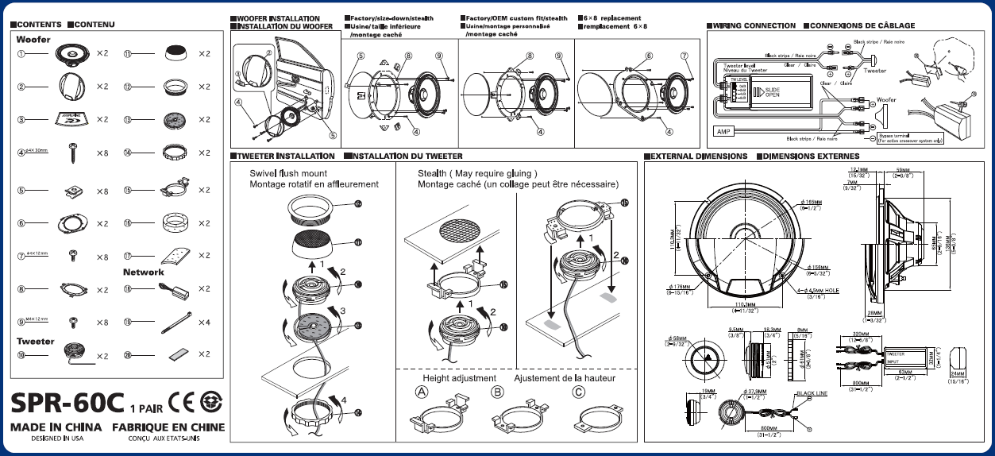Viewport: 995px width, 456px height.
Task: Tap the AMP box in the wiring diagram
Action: [x=723, y=131]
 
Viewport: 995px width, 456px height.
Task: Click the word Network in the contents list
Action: [x=144, y=272]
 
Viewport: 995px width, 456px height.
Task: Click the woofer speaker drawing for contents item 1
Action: [x=75, y=54]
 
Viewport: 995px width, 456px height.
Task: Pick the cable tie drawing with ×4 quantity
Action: [x=176, y=322]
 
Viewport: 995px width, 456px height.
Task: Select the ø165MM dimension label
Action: [x=811, y=203]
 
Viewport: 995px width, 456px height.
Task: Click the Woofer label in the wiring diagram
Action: [x=886, y=100]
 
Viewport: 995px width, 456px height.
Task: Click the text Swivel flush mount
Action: [x=288, y=173]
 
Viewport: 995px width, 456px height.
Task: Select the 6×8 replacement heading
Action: [x=611, y=17]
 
